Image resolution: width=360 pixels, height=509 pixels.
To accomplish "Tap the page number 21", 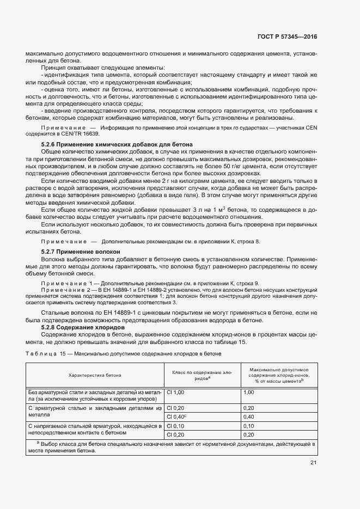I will tap(313, 463).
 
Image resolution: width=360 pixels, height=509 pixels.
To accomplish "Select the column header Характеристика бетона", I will tap(95, 375).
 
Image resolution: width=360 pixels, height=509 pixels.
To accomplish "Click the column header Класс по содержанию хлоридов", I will tap(202, 375).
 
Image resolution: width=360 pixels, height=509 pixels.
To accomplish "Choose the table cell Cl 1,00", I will tap(176, 392).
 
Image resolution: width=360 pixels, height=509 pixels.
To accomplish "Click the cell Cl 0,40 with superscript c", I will tap(176, 416).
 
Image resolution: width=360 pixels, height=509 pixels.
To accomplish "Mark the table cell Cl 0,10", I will tap(176, 426).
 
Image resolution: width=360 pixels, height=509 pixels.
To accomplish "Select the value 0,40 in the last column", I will tap(249, 416).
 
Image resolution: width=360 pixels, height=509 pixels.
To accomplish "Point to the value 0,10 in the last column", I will tap(249, 426).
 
